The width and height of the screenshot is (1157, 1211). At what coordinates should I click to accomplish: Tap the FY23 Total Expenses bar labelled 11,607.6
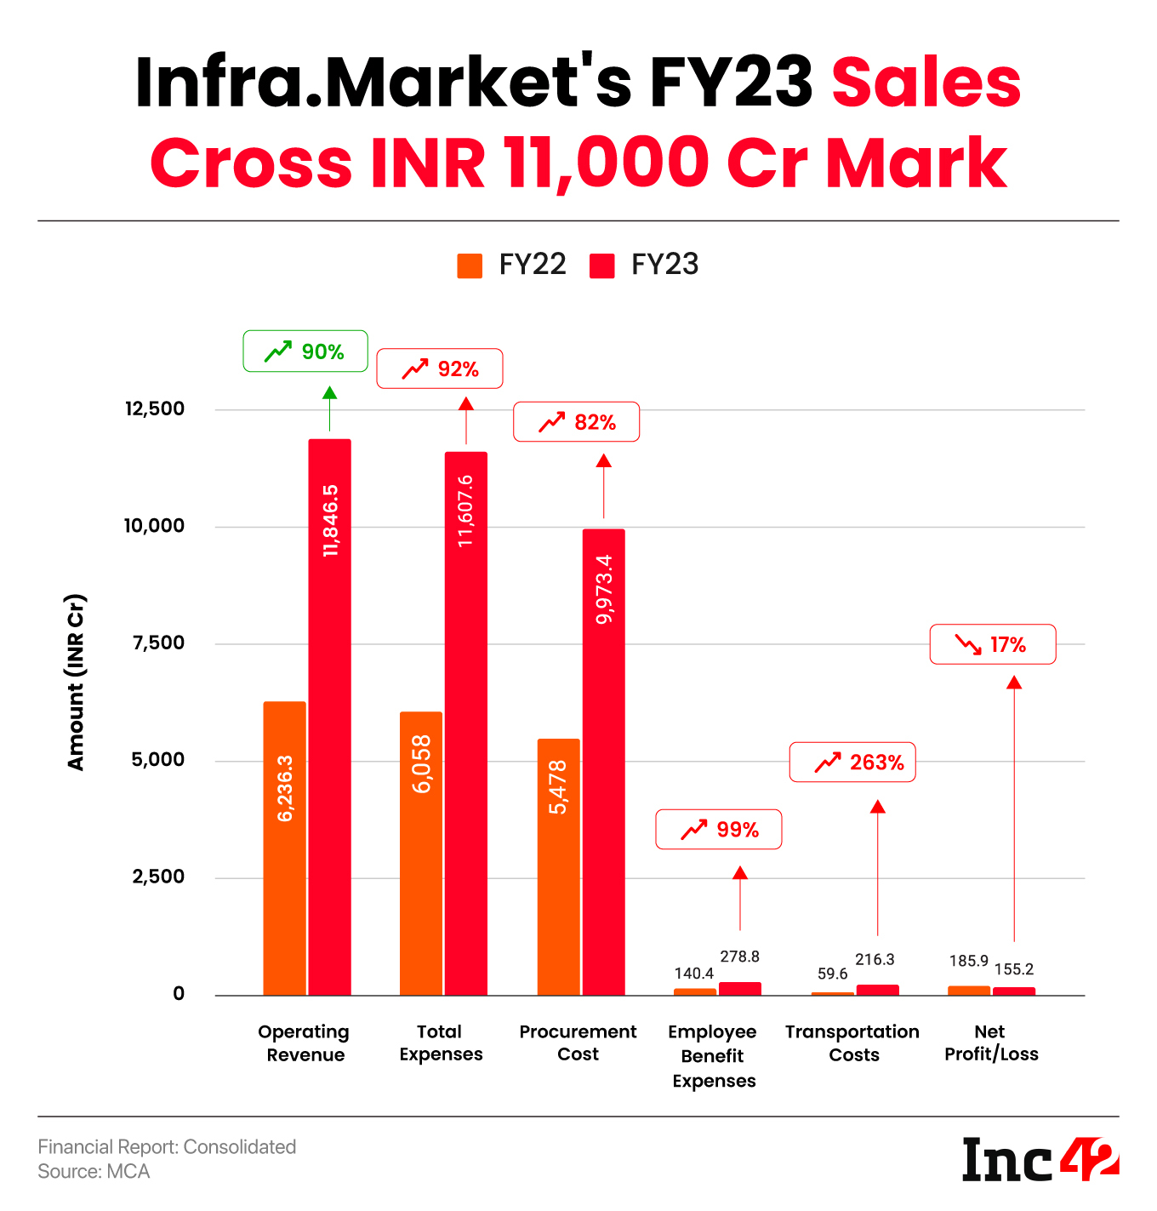point(466,723)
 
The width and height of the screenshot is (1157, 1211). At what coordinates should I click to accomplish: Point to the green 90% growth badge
point(305,351)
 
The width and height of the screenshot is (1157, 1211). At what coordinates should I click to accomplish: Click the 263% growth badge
point(852,763)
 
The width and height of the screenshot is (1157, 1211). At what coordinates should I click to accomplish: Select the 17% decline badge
point(993,644)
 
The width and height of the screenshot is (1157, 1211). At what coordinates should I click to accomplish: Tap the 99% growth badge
point(718,829)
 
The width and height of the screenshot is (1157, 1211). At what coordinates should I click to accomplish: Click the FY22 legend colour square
point(470,266)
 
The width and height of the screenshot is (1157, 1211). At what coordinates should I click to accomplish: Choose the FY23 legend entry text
point(664,265)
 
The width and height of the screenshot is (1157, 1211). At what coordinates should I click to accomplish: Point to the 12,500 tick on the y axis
point(155,409)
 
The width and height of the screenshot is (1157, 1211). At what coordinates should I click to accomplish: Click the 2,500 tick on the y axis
point(158,877)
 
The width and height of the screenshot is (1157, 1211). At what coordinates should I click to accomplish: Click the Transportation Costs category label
point(852,1043)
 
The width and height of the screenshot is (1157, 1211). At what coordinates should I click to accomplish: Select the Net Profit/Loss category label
point(991,1043)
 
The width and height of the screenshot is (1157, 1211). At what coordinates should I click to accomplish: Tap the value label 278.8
point(739,957)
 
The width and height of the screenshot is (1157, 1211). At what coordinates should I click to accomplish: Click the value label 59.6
point(832,974)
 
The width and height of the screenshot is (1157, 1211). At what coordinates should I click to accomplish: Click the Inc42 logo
point(1040,1159)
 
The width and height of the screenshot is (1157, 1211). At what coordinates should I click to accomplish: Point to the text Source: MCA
point(94,1172)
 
